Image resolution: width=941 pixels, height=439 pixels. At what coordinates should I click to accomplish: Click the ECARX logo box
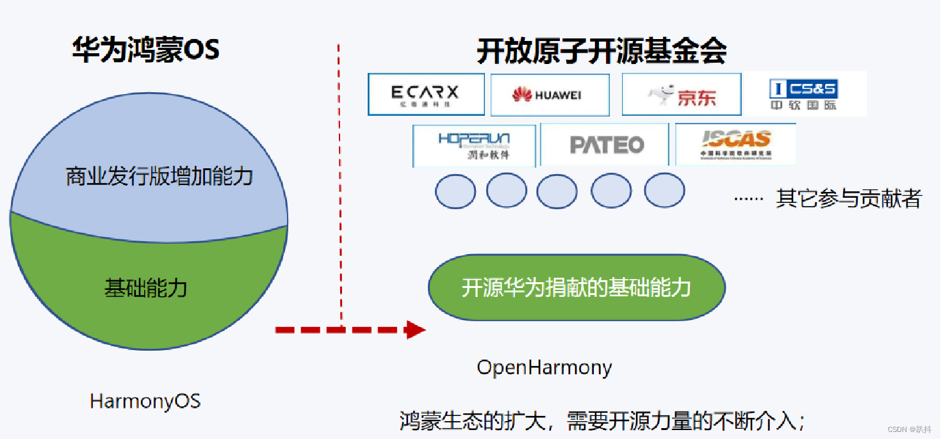pyautogui.click(x=425, y=94)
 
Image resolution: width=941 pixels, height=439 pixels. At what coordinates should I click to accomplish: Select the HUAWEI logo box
pyautogui.click(x=550, y=95)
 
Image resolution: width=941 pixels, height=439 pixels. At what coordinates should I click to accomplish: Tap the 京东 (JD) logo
pyautogui.click(x=681, y=95)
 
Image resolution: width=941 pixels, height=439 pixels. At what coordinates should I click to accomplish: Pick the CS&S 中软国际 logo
pyautogui.click(x=803, y=94)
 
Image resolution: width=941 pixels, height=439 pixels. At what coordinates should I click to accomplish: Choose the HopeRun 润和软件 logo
pyautogui.click(x=474, y=145)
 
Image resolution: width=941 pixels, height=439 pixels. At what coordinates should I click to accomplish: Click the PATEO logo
pyautogui.click(x=605, y=145)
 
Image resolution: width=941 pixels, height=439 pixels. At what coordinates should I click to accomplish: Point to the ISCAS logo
pyautogui.click(x=735, y=145)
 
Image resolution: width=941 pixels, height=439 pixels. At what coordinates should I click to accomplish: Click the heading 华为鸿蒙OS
pyautogui.click(x=146, y=50)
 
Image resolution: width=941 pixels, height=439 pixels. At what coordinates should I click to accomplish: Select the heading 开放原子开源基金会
pyautogui.click(x=601, y=52)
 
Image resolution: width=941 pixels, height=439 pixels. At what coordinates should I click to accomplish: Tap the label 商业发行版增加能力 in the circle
pyautogui.click(x=160, y=176)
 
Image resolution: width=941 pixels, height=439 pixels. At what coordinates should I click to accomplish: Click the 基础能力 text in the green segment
pyautogui.click(x=145, y=288)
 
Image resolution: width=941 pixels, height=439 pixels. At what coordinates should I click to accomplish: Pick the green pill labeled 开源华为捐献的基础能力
pyautogui.click(x=577, y=287)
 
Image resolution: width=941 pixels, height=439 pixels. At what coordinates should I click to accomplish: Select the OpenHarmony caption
pyautogui.click(x=544, y=368)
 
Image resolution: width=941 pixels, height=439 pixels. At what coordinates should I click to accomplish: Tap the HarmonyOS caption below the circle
pyautogui.click(x=145, y=401)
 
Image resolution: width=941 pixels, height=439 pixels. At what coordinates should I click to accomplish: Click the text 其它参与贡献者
pyautogui.click(x=848, y=199)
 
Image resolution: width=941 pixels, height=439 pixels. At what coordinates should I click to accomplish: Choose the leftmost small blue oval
pyautogui.click(x=455, y=191)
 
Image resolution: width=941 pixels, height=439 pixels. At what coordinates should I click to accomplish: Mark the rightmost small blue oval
pyautogui.click(x=664, y=191)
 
